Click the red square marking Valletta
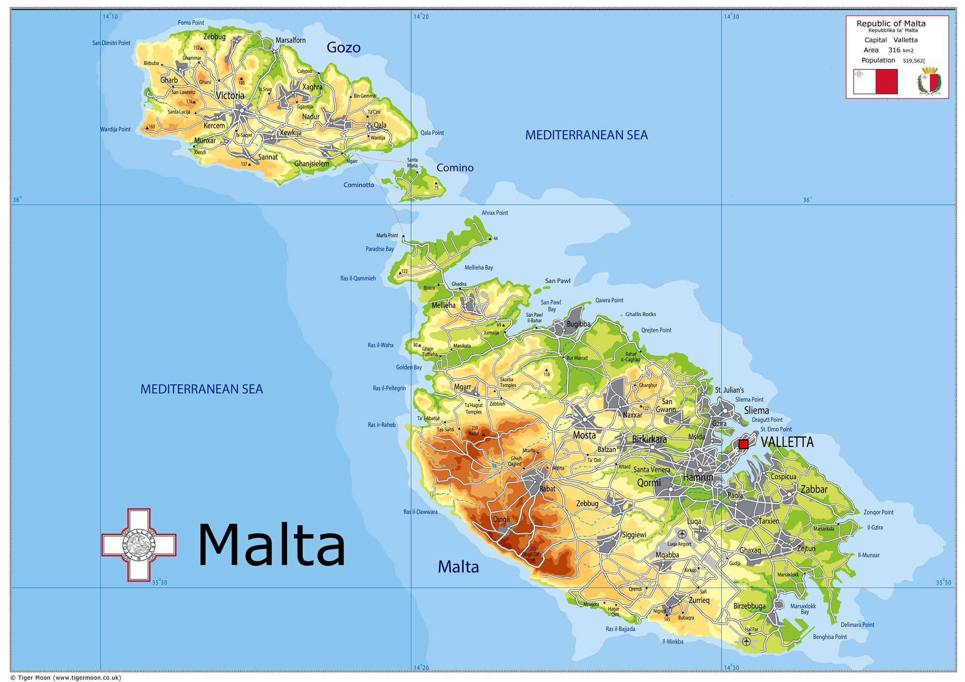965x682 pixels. click(x=744, y=444)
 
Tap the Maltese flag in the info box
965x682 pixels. click(x=875, y=82)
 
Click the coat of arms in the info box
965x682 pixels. click(x=929, y=82)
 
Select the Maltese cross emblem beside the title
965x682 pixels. click(x=139, y=545)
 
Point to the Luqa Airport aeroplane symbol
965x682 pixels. click(x=682, y=534)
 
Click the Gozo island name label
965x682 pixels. click(x=344, y=47)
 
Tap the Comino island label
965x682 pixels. click(x=455, y=168)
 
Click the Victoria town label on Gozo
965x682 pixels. click(x=230, y=95)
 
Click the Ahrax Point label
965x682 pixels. click(x=495, y=213)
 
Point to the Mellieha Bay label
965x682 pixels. click(x=479, y=268)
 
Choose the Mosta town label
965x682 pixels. click(x=584, y=436)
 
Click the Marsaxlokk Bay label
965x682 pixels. click(x=803, y=609)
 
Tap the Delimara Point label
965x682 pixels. click(x=857, y=625)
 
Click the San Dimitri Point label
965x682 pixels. click(x=111, y=43)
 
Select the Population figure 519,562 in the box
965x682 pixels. click(x=914, y=61)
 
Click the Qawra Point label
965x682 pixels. click(x=609, y=300)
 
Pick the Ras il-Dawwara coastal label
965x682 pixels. click(x=420, y=512)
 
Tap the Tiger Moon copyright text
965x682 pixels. click(x=66, y=678)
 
